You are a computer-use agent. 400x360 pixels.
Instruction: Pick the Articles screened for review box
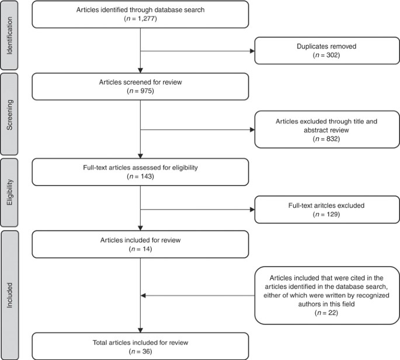point(141,86)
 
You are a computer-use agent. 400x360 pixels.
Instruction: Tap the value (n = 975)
point(141,92)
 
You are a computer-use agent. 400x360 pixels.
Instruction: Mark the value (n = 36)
point(141,351)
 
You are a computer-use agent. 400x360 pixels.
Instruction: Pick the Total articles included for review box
point(141,345)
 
